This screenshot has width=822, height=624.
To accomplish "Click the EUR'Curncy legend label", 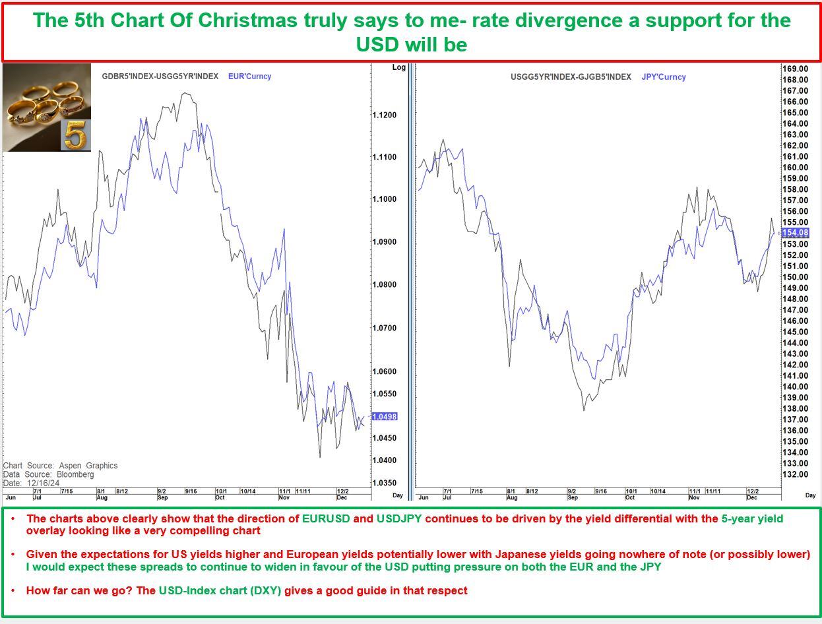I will click(249, 77).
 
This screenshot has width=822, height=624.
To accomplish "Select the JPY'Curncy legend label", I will click(663, 77).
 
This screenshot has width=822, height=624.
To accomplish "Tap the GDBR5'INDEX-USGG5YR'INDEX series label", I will click(160, 77).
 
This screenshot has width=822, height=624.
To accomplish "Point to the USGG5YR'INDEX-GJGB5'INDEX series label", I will click(571, 77).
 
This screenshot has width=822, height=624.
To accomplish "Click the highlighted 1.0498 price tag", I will click(385, 417).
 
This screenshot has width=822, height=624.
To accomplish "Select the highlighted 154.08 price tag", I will click(795, 233).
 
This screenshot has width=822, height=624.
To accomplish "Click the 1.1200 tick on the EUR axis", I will click(385, 115).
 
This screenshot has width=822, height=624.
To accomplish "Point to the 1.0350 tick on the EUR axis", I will click(385, 484).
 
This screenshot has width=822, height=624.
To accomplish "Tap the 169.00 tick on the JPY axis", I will click(795, 69).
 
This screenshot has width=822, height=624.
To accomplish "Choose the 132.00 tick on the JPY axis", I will click(795, 475).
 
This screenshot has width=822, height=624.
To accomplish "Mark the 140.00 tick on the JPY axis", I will click(795, 387).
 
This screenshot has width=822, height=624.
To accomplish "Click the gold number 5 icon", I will click(75, 135).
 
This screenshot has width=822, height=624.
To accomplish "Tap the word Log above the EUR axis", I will click(398, 67).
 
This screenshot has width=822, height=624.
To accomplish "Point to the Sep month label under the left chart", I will click(162, 497).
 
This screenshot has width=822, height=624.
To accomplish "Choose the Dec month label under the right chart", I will click(751, 497).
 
